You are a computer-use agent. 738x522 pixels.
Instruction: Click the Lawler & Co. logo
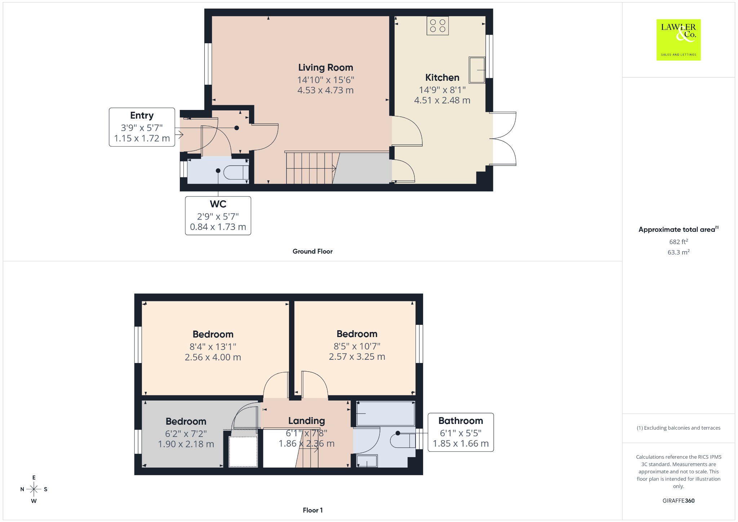pyautogui.click(x=678, y=40)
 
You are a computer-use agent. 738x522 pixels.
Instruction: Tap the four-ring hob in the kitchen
pyautogui.click(x=438, y=26)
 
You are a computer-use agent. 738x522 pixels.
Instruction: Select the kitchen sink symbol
pyautogui.click(x=477, y=70)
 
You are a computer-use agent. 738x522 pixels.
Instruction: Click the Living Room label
pyautogui.click(x=325, y=67)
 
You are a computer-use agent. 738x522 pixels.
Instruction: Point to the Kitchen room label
pyautogui.click(x=442, y=78)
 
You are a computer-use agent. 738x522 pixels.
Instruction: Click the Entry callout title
pyautogui.click(x=142, y=115)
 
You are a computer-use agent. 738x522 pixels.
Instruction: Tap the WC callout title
pyautogui.click(x=218, y=204)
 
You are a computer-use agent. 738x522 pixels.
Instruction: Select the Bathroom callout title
pyautogui.click(x=461, y=421)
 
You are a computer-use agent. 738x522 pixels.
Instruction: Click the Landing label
pyautogui.click(x=306, y=421)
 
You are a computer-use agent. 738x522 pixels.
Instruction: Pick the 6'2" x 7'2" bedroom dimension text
pyautogui.click(x=186, y=434)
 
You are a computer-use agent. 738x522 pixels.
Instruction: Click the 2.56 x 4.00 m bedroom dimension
pyautogui.click(x=213, y=357)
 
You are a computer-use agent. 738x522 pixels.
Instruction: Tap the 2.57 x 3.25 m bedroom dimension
pyautogui.click(x=357, y=357)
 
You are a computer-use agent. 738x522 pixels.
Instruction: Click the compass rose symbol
pyautogui.click(x=34, y=489)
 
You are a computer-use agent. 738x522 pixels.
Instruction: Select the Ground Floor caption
pyautogui.click(x=312, y=251)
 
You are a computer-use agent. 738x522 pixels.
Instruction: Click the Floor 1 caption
pyautogui.click(x=312, y=510)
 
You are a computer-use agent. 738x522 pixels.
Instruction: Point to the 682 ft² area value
pyautogui.click(x=679, y=242)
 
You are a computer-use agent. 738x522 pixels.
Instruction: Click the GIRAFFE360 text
pyautogui.click(x=678, y=500)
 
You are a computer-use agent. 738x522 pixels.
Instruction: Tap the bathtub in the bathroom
pyautogui.click(x=385, y=413)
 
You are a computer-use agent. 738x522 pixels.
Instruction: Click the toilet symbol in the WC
pyautogui.click(x=236, y=172)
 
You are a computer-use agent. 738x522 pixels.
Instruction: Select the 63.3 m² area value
pyautogui.click(x=679, y=252)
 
